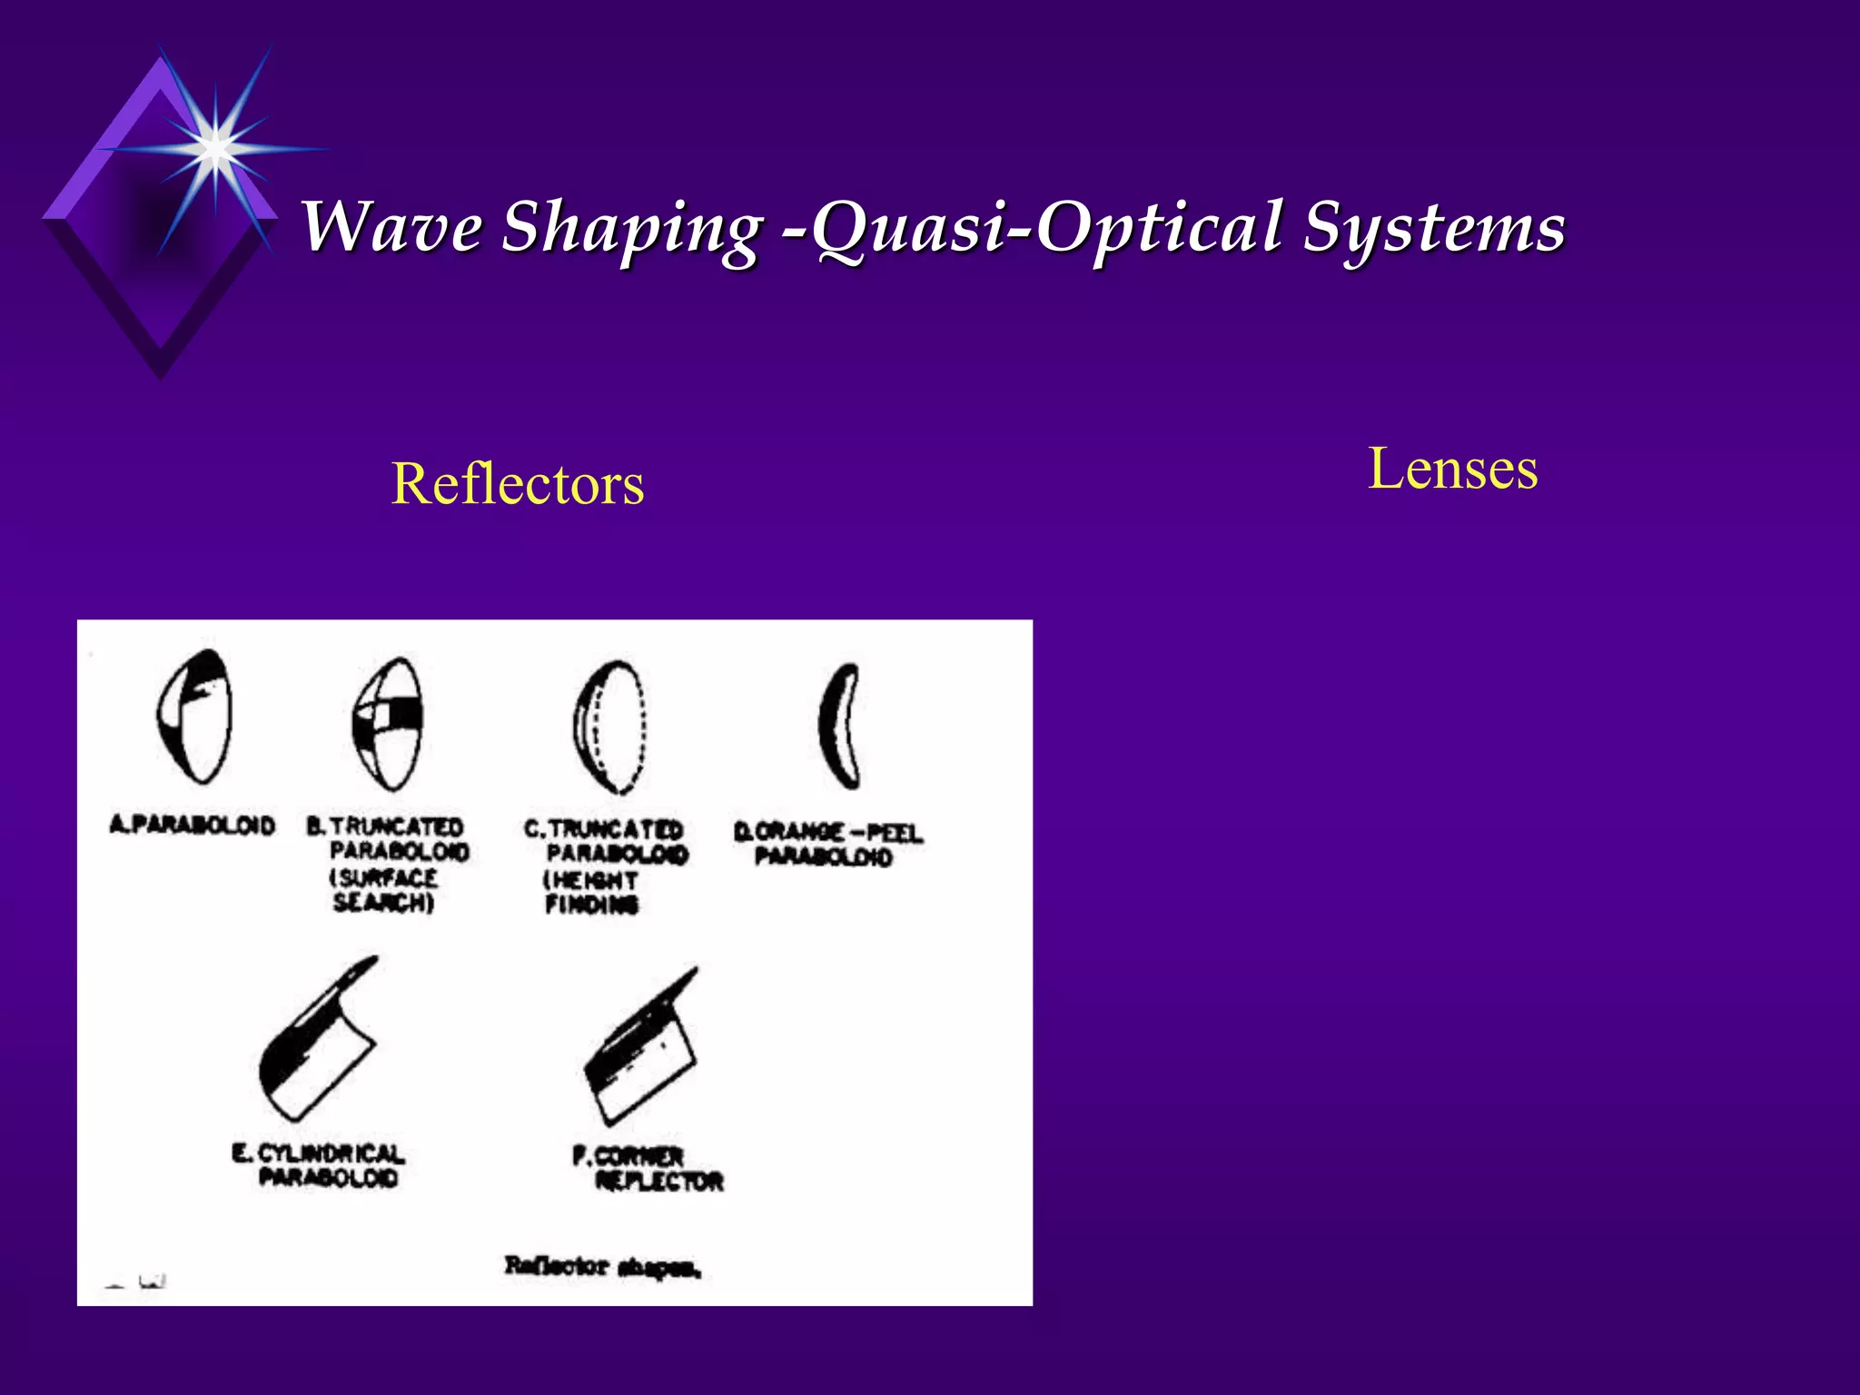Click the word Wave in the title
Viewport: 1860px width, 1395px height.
(x=391, y=226)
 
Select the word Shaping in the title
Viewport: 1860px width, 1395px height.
(x=631, y=228)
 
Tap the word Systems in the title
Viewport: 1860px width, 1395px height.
(x=1434, y=226)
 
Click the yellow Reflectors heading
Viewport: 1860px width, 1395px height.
(x=518, y=484)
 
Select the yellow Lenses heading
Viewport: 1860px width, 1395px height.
(x=1452, y=470)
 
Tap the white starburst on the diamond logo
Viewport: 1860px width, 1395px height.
(x=215, y=145)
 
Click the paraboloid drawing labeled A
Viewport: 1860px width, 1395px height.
(x=194, y=717)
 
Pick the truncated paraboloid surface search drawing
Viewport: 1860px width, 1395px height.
(x=388, y=724)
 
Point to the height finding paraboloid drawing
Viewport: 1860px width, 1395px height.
(x=609, y=727)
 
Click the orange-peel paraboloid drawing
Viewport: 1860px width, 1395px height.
(x=839, y=727)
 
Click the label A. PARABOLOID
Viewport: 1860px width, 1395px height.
(x=193, y=825)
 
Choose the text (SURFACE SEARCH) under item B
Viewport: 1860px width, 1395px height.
(x=383, y=891)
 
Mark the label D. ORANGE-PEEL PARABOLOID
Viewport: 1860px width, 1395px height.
(x=826, y=844)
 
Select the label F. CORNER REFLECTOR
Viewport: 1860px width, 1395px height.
(x=648, y=1169)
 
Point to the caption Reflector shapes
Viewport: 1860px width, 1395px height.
(x=602, y=1266)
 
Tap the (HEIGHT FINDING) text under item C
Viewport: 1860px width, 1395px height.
(x=591, y=893)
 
